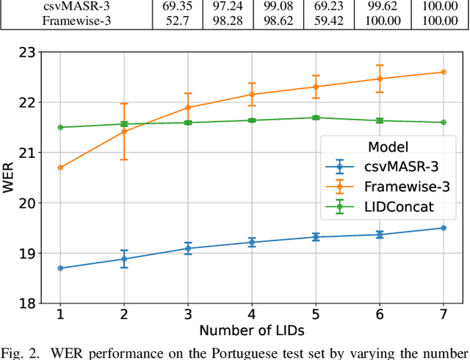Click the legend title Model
tap(388, 147)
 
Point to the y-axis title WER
tap(8, 177)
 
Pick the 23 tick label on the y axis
tap(26, 53)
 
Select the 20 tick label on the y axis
tap(26, 204)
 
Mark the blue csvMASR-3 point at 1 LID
tap(60, 268)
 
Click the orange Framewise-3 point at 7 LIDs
tap(444, 72)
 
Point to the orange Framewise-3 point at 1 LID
tap(60, 168)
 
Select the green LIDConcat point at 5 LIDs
tap(316, 118)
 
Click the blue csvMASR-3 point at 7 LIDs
tap(444, 228)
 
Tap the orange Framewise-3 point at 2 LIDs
tap(124, 131)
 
